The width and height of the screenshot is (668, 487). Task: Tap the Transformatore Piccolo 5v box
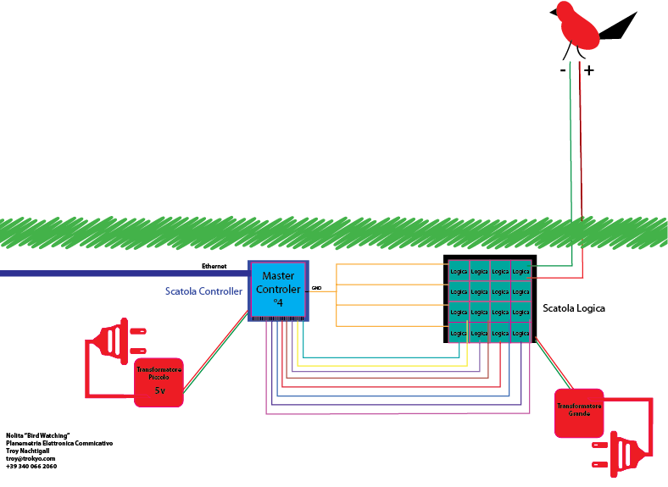coord(159,382)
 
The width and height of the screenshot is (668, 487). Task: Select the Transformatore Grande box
coord(578,412)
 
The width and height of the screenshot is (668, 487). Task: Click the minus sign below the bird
coord(564,71)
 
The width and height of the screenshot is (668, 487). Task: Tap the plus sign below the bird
coord(589,71)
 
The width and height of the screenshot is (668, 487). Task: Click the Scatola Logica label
coord(574,308)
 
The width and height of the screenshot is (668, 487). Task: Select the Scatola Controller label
coord(203,291)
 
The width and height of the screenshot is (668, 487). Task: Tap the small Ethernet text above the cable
coord(214,265)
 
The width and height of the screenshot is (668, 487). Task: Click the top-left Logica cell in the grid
coord(459,271)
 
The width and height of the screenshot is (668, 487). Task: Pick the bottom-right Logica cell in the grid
coord(520,333)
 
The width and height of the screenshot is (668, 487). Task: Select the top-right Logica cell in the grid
coord(520,271)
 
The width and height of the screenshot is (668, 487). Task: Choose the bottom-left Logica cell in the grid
coord(459,333)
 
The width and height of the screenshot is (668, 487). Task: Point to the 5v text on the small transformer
coord(159,390)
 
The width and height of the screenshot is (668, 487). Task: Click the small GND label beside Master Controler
coord(316,288)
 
